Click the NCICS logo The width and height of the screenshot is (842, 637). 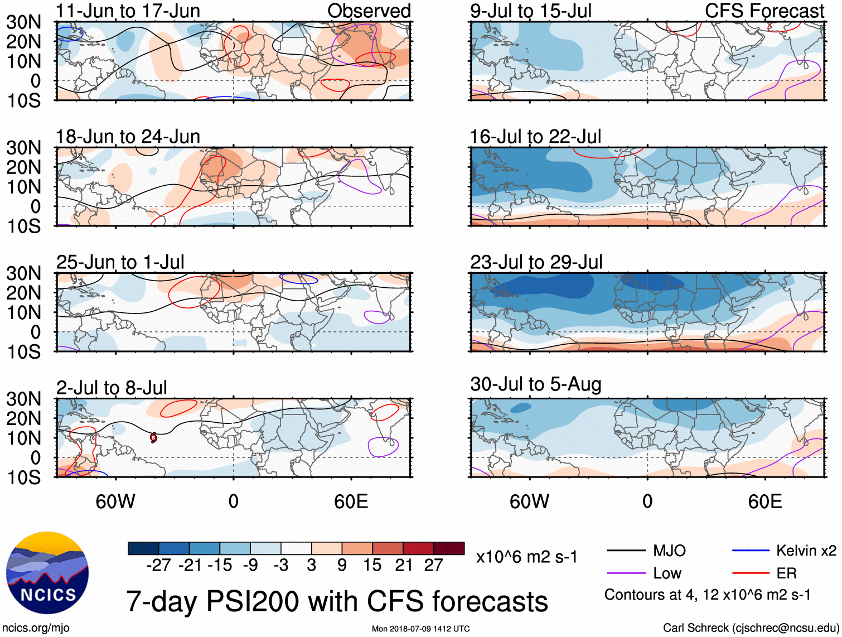click(47, 573)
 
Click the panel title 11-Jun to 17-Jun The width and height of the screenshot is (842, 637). click(128, 11)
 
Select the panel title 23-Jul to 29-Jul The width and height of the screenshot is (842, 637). click(536, 262)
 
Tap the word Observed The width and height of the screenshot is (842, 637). click(369, 11)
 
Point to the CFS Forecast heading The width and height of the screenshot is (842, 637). click(764, 11)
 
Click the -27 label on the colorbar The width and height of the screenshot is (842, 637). click(158, 566)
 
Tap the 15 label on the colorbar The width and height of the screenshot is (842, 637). click(372, 566)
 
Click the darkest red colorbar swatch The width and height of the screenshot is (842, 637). click(449, 548)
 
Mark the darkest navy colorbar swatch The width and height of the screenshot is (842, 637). click(143, 548)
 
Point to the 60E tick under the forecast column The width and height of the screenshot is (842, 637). click(764, 501)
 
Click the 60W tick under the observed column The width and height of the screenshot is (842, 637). click(115, 501)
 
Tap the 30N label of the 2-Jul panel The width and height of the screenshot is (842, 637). click(23, 399)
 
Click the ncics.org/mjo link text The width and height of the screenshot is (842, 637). click(36, 628)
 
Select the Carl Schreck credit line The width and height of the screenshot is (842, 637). click(751, 628)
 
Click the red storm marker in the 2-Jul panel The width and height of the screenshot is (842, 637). click(153, 438)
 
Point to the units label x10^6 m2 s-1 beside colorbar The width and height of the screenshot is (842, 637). click(526, 557)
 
